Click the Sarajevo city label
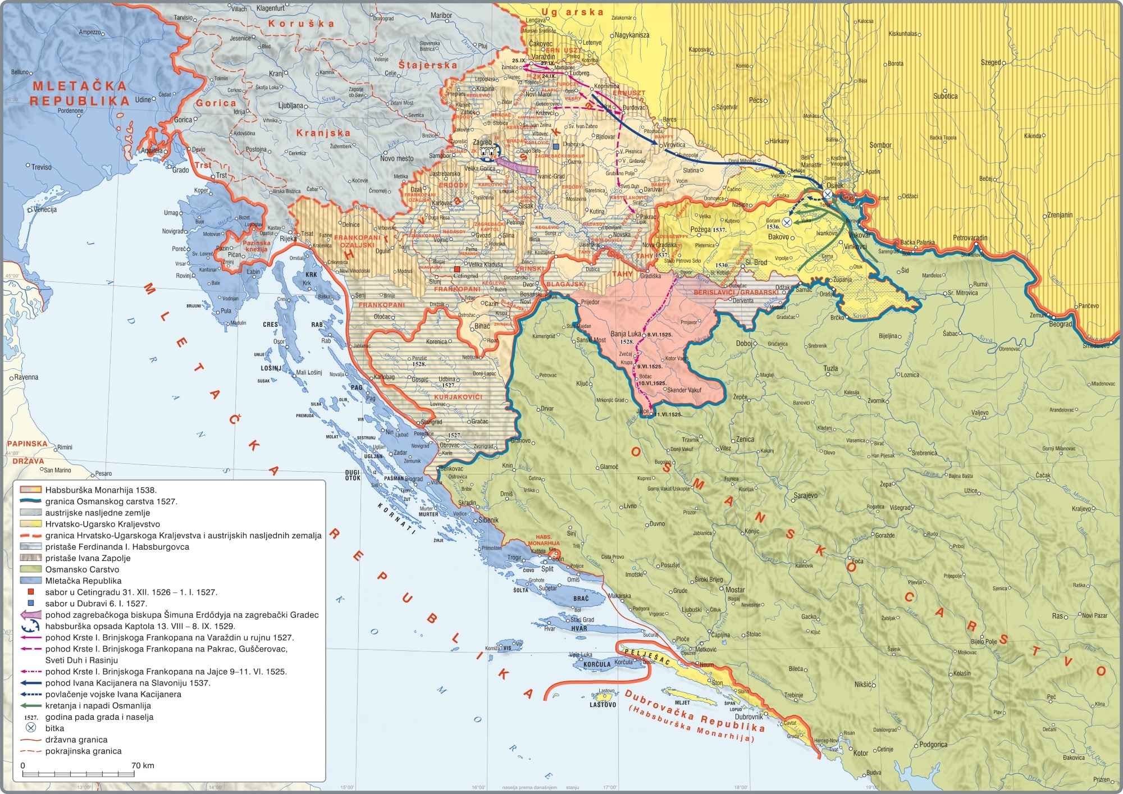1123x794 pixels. [806, 495]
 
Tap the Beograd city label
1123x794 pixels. [1060, 324]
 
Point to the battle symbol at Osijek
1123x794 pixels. [828, 194]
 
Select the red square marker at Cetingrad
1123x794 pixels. [457, 269]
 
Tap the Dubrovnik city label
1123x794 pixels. [749, 717]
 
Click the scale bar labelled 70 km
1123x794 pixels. [87, 774]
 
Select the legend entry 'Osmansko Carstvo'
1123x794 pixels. [82, 569]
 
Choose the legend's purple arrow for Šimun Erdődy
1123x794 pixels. [31, 615]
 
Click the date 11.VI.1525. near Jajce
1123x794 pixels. [667, 414]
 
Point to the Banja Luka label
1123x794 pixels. [626, 334]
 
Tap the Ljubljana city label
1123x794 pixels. [290, 106]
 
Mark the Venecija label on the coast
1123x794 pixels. [45, 209]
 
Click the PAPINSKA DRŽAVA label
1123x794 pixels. [28, 451]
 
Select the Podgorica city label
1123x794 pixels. [933, 745]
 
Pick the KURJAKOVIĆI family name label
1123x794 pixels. [458, 397]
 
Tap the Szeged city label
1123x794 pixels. [990, 62]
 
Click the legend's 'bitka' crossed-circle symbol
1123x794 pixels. [31, 728]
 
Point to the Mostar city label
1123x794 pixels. [735, 590]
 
